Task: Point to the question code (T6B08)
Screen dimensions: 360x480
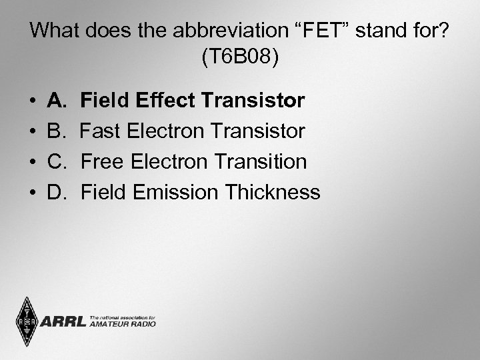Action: click(x=240, y=57)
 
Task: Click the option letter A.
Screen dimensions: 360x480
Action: click(x=56, y=101)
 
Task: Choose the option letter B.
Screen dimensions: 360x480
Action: click(x=56, y=131)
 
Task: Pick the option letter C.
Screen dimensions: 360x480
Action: click(x=57, y=162)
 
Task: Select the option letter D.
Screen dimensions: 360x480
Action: click(x=57, y=193)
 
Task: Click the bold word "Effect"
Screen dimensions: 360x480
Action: click(x=163, y=101)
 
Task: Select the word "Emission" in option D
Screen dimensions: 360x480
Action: click(x=175, y=193)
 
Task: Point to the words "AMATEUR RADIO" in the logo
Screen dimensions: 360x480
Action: click(x=122, y=324)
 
